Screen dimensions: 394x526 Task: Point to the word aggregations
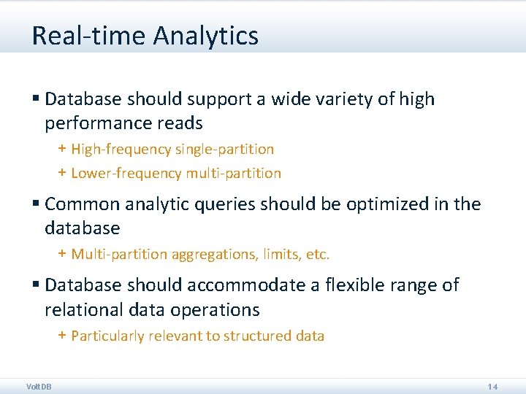tap(207, 255)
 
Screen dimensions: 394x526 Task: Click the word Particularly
tap(107, 336)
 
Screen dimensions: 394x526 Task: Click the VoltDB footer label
tap(39, 386)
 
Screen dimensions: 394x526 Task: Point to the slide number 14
tap(492, 386)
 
